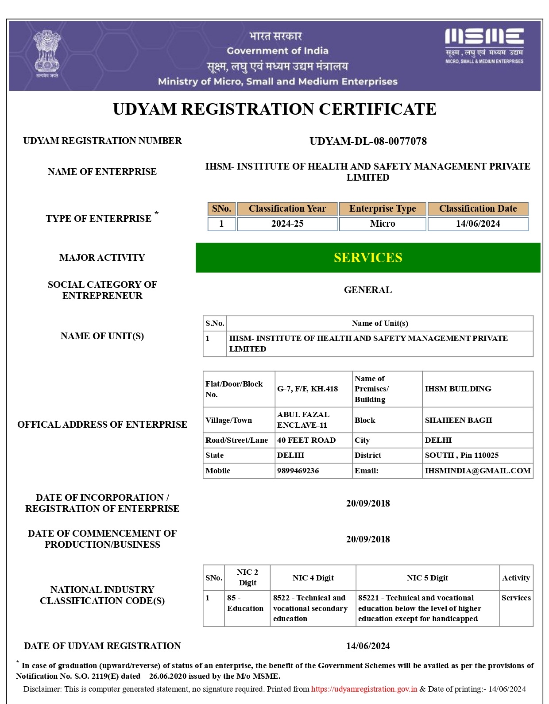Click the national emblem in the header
46,53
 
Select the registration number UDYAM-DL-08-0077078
368,141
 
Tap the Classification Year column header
287,209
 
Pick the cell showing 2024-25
287,224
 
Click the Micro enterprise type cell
383,224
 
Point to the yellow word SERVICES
368,258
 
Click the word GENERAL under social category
368,290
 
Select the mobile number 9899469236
298,471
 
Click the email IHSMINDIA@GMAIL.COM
478,471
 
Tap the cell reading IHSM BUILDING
458,389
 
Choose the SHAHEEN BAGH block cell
458,420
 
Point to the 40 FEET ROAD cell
306,440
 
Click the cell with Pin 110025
462,455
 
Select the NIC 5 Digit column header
427,578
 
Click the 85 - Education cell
245,603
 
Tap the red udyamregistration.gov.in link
364,689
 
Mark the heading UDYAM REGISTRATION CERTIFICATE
274,109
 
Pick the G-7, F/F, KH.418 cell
307,389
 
